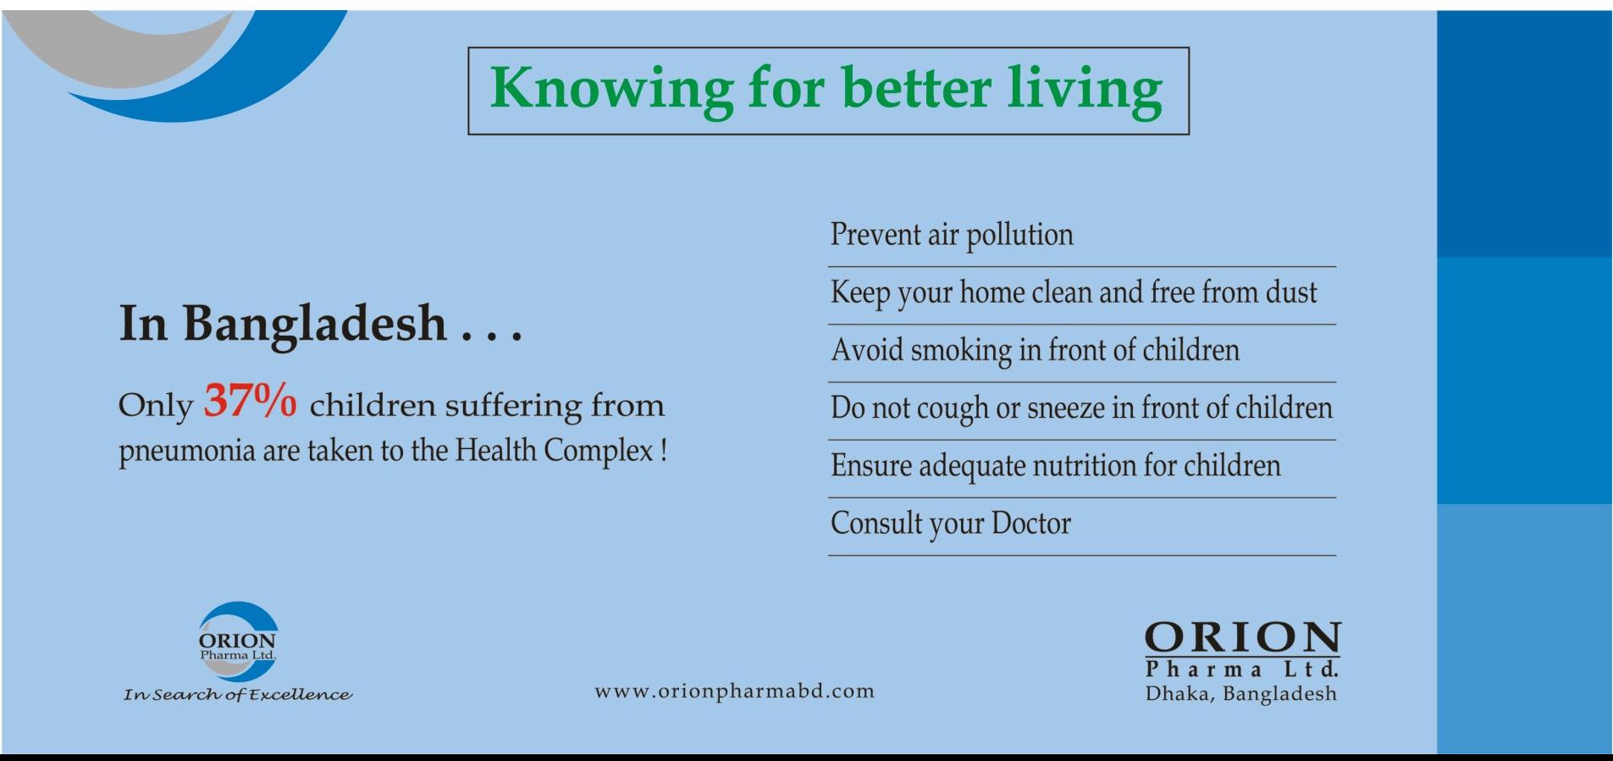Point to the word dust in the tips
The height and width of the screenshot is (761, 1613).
[x=1291, y=292]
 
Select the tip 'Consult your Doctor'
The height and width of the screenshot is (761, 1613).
[x=951, y=524]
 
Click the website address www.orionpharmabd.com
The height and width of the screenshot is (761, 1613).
[x=735, y=691]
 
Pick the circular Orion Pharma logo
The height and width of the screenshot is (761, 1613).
[x=237, y=642]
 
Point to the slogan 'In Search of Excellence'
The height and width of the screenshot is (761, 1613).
[x=237, y=695]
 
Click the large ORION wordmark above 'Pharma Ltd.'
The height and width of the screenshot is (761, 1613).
[x=1242, y=638]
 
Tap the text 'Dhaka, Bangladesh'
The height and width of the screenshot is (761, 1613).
[x=1241, y=694]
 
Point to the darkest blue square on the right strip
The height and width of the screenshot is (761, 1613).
[x=1524, y=134]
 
